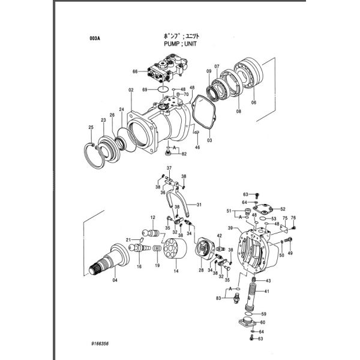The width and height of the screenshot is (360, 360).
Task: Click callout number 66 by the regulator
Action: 135,72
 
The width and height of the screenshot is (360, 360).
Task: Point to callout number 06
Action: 253,103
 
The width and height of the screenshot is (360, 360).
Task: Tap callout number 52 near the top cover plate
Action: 283,209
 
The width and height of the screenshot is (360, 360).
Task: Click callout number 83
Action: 219,298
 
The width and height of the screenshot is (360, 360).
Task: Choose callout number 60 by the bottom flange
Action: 263,322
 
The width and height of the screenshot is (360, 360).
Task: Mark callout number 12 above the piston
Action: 153,217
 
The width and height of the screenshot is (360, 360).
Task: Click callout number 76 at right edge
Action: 294,218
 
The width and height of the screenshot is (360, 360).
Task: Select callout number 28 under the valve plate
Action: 201,271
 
